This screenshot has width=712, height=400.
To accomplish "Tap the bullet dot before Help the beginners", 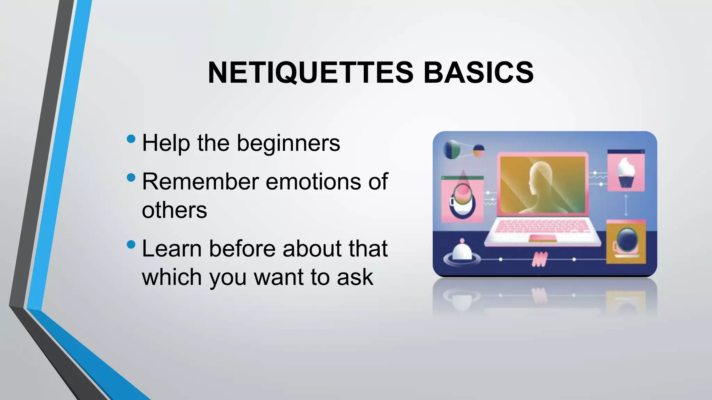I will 131,139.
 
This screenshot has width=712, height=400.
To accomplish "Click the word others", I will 174,210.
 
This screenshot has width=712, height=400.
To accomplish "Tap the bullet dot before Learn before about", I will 131,244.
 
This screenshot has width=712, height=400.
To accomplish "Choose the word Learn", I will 172,249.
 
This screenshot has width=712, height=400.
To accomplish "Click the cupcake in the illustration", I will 626,173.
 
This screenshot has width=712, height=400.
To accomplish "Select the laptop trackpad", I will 542,238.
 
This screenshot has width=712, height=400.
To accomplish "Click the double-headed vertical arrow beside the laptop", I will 626,206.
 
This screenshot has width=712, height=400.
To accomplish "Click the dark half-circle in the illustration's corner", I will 451,150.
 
